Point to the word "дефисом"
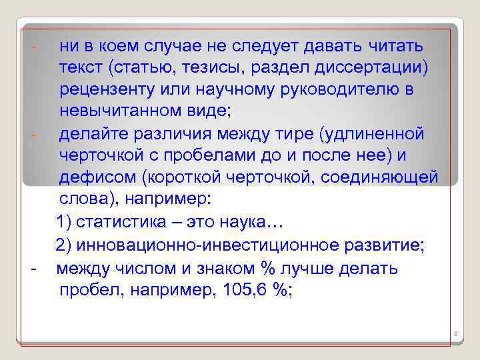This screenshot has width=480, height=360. [90, 177]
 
